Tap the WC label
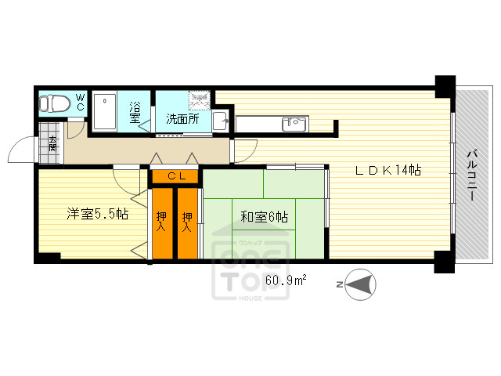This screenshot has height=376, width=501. (80, 102)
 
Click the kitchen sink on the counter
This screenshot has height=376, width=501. (296, 123)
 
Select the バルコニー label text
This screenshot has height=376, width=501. (473, 176)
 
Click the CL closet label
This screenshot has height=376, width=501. (175, 176)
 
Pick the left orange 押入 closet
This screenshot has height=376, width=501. (162, 222)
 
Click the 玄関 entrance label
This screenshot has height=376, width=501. (52, 143)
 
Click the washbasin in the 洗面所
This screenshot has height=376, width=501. (220, 121)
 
